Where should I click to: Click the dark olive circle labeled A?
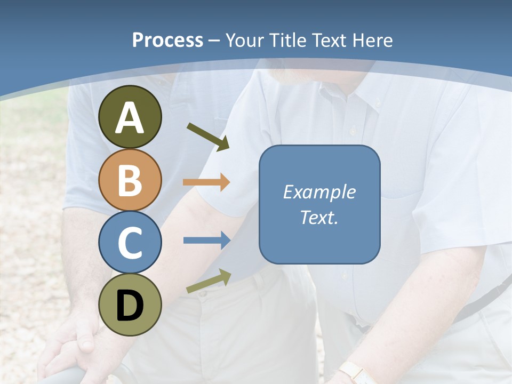[x=130, y=117]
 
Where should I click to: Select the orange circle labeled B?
[x=130, y=180]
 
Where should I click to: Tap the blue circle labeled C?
[x=130, y=242]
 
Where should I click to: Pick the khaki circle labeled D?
[x=130, y=305]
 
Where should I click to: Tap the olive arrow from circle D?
[x=209, y=281]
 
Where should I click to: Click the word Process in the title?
[x=167, y=41]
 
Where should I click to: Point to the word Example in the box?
[x=319, y=192]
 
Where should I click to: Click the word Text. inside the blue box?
[x=319, y=217]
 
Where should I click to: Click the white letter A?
[x=130, y=118]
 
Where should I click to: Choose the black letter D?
[x=130, y=306]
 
